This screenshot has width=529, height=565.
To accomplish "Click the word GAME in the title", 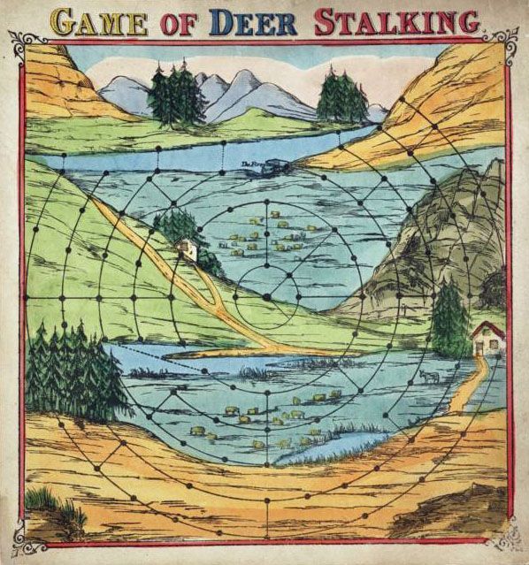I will click(x=97, y=21).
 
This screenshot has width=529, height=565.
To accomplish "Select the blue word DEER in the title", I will click(x=257, y=21).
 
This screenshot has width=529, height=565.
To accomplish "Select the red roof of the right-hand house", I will click(x=488, y=329).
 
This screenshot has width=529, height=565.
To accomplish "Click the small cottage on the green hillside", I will click(x=187, y=250).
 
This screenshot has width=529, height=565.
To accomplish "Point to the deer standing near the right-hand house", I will click(x=429, y=378).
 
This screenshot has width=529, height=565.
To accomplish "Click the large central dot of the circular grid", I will click(x=265, y=298).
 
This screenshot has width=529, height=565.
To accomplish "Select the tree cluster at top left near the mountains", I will click(x=175, y=95).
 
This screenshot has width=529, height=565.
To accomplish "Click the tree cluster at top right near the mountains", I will click(x=340, y=95).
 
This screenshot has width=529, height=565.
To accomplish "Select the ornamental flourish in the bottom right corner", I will click(x=506, y=536).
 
